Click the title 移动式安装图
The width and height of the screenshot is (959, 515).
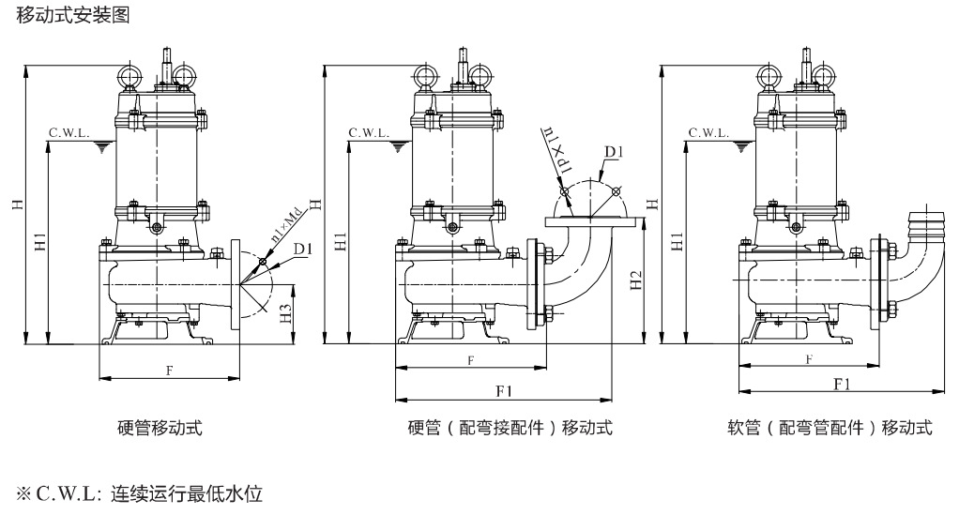click(x=73, y=15)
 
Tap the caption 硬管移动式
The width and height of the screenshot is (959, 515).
click(x=160, y=427)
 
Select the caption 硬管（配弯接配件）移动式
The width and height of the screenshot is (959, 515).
click(x=510, y=427)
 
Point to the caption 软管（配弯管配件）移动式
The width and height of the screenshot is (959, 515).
click(x=830, y=427)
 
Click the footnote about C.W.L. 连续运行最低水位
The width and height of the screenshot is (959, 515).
click(x=140, y=493)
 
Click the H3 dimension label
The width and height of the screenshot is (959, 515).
click(x=285, y=314)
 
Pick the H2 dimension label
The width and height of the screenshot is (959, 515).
click(x=637, y=280)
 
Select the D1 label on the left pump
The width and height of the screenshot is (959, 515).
click(x=303, y=249)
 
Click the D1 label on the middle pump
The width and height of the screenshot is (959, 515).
click(x=614, y=152)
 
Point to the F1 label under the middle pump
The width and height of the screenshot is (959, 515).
click(x=504, y=391)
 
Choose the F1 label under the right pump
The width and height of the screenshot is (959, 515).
click(x=843, y=384)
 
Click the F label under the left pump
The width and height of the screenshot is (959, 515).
click(x=170, y=370)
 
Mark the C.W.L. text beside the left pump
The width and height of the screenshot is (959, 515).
click(x=69, y=132)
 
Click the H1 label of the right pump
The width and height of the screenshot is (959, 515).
click(x=677, y=241)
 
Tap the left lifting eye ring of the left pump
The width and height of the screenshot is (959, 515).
click(x=129, y=75)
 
